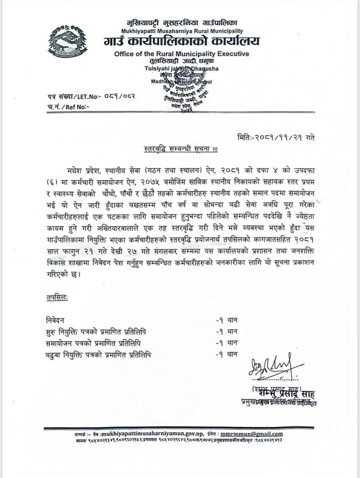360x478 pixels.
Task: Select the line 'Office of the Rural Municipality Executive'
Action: point(182,54)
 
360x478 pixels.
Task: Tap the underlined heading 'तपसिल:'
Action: point(57,298)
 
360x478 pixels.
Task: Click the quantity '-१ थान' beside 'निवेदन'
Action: point(227,319)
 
